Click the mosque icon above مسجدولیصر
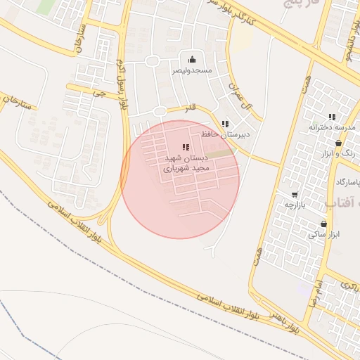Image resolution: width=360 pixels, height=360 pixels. [192, 59]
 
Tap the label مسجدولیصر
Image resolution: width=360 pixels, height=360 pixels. [192, 70]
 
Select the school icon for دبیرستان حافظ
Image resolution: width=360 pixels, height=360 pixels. [225, 124]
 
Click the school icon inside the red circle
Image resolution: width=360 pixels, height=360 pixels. [186, 147]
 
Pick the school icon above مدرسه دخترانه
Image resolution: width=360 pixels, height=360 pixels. [332, 117]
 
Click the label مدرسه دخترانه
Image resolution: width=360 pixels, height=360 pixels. [333, 128]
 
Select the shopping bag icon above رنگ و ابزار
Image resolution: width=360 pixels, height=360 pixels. [339, 143]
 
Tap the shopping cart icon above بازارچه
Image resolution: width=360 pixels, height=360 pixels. [294, 195]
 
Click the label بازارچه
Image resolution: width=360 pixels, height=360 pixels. [294, 205]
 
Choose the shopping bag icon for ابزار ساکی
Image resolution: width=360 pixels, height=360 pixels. [323, 224]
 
